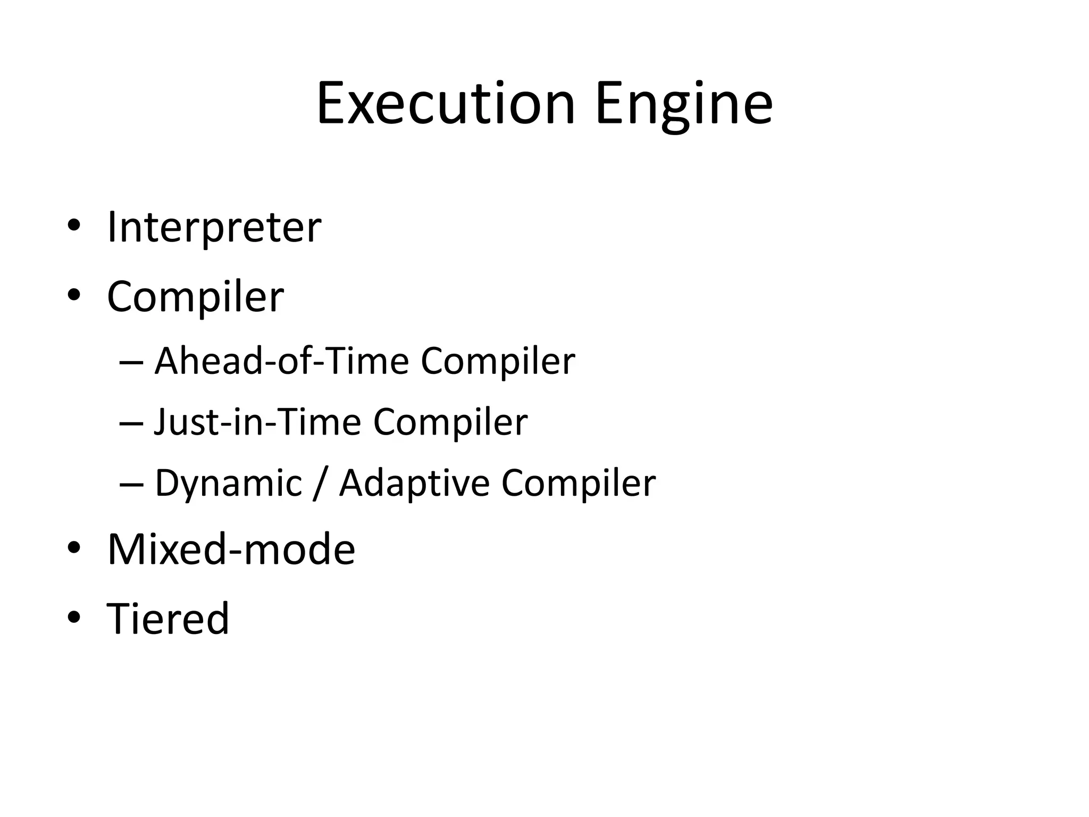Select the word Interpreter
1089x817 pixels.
pyautogui.click(x=214, y=228)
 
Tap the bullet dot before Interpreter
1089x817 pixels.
pyautogui.click(x=74, y=226)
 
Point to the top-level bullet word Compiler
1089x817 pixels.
pyautogui.click(x=195, y=296)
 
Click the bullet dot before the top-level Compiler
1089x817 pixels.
pyautogui.click(x=74, y=294)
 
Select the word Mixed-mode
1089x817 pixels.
pyautogui.click(x=231, y=549)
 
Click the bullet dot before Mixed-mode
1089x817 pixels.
pyautogui.click(x=74, y=548)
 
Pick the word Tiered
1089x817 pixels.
pyautogui.click(x=167, y=619)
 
